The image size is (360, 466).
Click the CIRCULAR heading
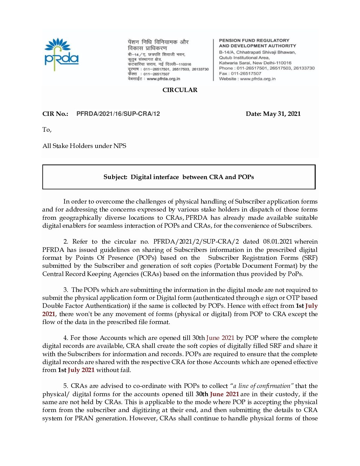pyautogui.click(x=180, y=90)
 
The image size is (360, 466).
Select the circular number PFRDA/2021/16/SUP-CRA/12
pyautogui.click(x=118, y=114)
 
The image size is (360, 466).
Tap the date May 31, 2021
pyautogui.click(x=282, y=114)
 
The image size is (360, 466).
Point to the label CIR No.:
pyautogui.click(x=55, y=114)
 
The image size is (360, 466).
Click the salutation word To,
pyautogui.click(x=47, y=130)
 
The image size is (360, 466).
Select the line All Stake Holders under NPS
pyautogui.click(x=84, y=146)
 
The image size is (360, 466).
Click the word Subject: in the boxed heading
pyautogui.click(x=115, y=177)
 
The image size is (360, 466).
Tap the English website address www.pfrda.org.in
pyautogui.click(x=258, y=79)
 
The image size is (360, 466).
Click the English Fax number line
pyautogui.click(x=240, y=73)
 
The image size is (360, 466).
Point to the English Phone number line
pyautogui.click(x=267, y=68)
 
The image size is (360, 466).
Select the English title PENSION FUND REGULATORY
pyautogui.click(x=254, y=40)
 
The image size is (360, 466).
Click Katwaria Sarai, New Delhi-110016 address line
pyautogui.click(x=255, y=63)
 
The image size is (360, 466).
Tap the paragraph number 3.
pyautogui.click(x=66, y=290)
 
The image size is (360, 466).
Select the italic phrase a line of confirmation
pyautogui.click(x=262, y=386)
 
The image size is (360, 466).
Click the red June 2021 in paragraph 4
pyautogui.click(x=220, y=338)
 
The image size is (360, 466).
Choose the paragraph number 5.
pyautogui.click(x=66, y=386)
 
